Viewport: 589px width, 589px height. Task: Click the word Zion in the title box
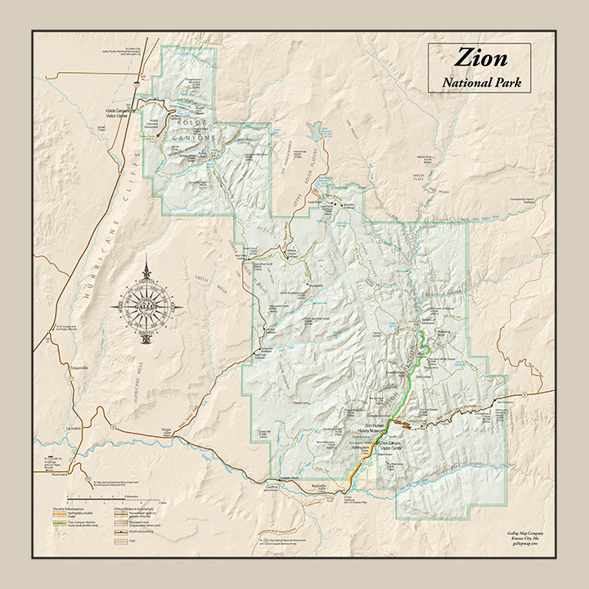(480, 58)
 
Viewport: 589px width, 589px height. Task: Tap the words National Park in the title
(481, 82)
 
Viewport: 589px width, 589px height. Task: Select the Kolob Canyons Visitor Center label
(118, 114)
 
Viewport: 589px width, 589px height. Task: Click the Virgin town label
(168, 430)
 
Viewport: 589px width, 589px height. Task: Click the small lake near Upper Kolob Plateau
(315, 130)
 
